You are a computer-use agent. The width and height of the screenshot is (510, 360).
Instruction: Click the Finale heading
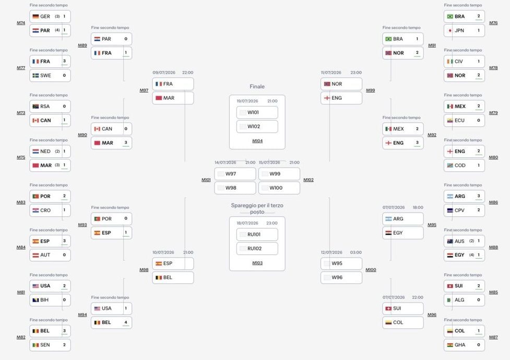pyautogui.click(x=257, y=87)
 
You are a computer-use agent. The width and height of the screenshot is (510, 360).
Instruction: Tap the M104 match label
pyautogui.click(x=257, y=141)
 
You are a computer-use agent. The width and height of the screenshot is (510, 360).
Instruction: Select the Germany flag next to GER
pyautogui.click(x=36, y=17)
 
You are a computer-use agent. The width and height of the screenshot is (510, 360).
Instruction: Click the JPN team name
pyautogui.click(x=459, y=31)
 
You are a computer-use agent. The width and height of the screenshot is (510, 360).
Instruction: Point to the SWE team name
pyautogui.click(x=45, y=76)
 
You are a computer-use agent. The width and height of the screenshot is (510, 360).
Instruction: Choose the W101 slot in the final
pyautogui.click(x=257, y=113)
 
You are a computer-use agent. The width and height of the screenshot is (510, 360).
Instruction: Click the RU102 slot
pyautogui.click(x=257, y=249)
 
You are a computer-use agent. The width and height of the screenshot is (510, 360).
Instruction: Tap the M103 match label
pyautogui.click(x=257, y=263)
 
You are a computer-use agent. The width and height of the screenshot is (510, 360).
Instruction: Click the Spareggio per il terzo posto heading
pyautogui.click(x=257, y=208)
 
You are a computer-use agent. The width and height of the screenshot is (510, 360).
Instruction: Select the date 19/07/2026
pyautogui.click(x=247, y=101)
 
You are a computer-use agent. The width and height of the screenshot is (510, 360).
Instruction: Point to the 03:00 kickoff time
pyautogui.click(x=356, y=252)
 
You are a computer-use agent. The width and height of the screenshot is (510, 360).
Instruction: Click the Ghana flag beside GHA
pyautogui.click(x=450, y=345)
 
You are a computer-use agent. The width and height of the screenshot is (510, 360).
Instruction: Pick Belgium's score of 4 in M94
pyautogui.click(x=126, y=322)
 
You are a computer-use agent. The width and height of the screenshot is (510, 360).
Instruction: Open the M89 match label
pyautogui.click(x=82, y=45)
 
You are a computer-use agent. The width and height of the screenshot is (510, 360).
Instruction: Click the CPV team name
pyautogui.click(x=459, y=211)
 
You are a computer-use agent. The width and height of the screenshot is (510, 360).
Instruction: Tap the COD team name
pyautogui.click(x=460, y=166)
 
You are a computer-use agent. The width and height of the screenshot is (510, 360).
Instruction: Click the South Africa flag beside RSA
pyautogui.click(x=36, y=107)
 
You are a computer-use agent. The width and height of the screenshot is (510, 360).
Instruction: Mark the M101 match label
pyautogui.click(x=206, y=180)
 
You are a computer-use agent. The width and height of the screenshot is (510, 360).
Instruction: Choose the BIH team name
pyautogui.click(x=44, y=300)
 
